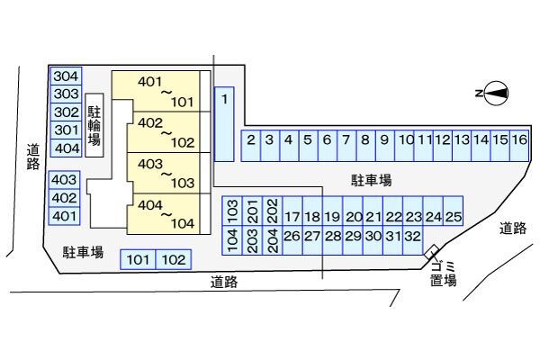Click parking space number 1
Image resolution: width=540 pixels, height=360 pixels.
[224, 124]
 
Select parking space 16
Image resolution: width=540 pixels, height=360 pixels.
[519, 146]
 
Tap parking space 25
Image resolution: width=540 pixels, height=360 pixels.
[453, 211]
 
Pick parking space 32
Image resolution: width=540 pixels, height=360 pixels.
[412, 240]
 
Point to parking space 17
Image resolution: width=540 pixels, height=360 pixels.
[292, 211]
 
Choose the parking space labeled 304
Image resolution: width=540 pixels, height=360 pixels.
[66, 76]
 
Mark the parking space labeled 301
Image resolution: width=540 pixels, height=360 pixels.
[66, 130]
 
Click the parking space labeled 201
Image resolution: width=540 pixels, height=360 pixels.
[252, 211]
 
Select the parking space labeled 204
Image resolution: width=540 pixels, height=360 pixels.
[273, 240]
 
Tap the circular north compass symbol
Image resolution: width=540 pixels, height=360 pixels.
[497, 93]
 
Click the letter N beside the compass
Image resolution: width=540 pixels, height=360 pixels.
[479, 93]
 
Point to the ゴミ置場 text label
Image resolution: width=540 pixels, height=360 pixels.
[444, 274]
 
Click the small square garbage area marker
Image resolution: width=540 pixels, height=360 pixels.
[431, 252]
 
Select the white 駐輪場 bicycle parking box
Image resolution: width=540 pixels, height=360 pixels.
[94, 125]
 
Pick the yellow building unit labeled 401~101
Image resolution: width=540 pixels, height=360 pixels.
[156, 91]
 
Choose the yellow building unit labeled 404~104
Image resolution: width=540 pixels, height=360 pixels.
[164, 214]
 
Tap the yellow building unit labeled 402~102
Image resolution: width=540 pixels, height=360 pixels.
[164, 132]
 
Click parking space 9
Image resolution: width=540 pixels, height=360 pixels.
[384, 146]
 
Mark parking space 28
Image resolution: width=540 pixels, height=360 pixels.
[333, 240]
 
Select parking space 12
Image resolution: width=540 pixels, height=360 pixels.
[443, 146]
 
